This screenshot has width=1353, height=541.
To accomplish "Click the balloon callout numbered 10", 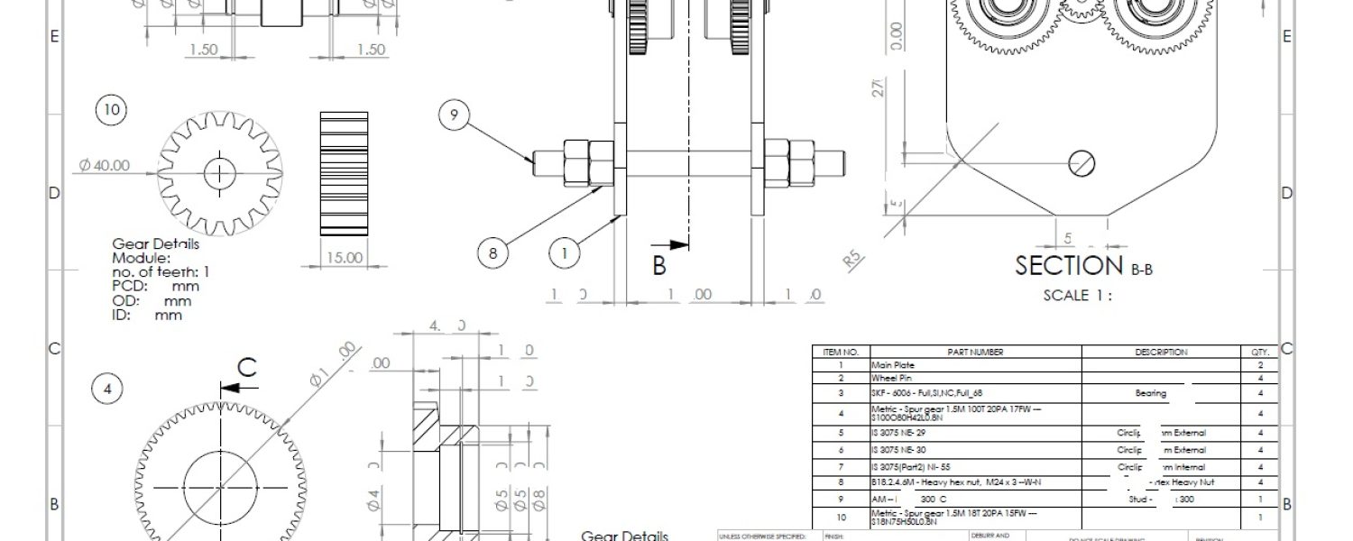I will click(x=111, y=110).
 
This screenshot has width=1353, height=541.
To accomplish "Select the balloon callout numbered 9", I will click(x=455, y=115).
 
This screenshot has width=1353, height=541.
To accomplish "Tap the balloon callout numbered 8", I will click(x=492, y=253).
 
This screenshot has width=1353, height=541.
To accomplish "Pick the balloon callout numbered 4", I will click(x=107, y=390).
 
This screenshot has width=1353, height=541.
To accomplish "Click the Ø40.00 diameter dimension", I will click(x=104, y=166).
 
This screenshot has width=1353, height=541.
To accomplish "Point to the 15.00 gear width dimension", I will click(x=344, y=258).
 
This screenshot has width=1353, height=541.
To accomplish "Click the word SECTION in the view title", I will click(x=1069, y=266).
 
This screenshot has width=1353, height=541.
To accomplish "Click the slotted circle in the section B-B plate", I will click(x=1081, y=164).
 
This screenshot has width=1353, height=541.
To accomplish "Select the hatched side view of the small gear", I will click(x=344, y=174).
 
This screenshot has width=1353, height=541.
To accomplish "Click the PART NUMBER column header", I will click(x=975, y=353).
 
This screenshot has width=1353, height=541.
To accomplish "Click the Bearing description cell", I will click(x=1150, y=393).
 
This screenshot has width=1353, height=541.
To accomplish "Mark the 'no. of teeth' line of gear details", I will click(x=161, y=271).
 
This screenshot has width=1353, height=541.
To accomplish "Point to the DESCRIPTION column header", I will click(x=1161, y=353).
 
